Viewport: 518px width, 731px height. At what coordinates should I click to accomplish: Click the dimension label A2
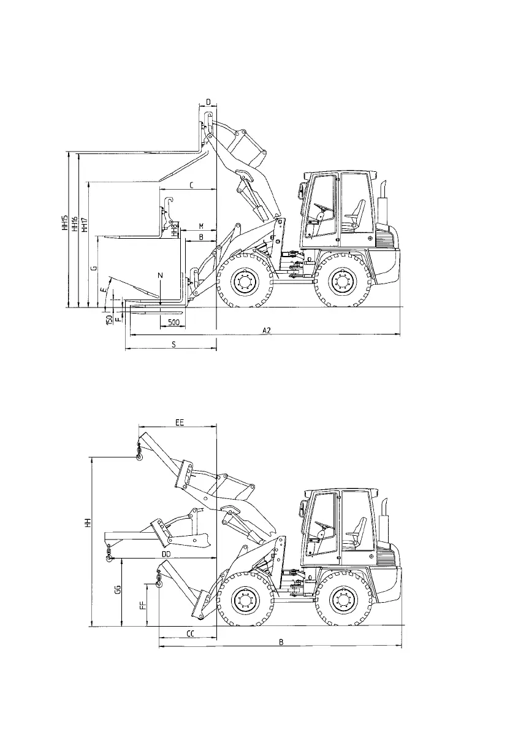pos(266,330)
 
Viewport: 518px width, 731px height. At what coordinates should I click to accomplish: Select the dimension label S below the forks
pos(173,345)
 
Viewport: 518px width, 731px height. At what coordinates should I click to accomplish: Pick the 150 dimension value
pos(109,319)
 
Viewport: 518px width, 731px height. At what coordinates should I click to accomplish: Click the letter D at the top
pos(208,101)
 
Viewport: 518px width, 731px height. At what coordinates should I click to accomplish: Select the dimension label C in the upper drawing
pos(191,185)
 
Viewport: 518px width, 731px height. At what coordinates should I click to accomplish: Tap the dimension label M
pos(201,226)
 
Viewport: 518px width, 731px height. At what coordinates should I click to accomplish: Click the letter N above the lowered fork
pos(160,276)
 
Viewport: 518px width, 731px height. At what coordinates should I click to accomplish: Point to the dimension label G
pos(93,268)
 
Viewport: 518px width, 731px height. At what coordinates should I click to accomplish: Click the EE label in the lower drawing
pos(180,422)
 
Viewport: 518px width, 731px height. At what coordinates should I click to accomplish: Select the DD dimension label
pos(166,554)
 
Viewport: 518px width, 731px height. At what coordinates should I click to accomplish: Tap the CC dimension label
pos(190,633)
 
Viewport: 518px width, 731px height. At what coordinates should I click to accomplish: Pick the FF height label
pos(143,606)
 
